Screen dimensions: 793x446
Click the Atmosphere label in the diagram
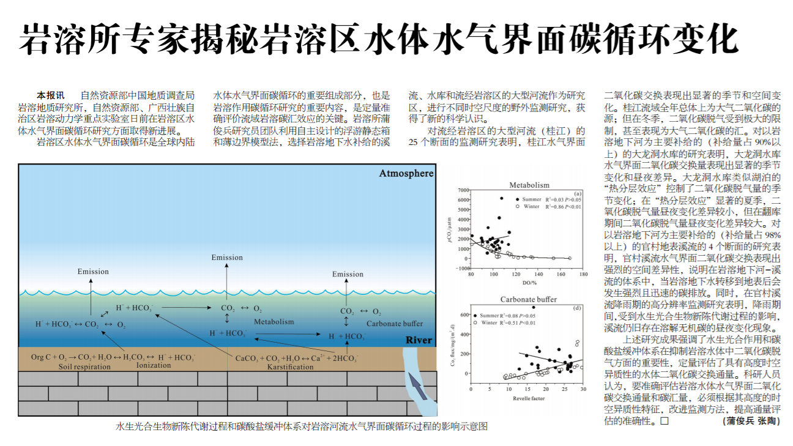pos(406,174)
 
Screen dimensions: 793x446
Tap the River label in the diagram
pos(419,340)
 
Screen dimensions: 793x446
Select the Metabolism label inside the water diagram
pos(274,322)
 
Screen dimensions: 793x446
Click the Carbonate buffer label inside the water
pos(395,324)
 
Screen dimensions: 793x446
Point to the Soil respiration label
pos(84,366)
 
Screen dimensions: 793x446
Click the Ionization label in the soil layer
pos(154,365)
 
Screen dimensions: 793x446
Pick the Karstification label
pos(290,366)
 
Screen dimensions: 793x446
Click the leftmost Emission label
pos(93,272)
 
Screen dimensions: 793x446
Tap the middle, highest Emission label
pos(227,258)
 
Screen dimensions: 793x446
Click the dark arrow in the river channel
pos(417,386)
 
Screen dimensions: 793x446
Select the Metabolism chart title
pos(529,185)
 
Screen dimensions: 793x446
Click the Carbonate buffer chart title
pos(529,299)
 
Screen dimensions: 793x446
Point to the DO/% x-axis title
pos(529,283)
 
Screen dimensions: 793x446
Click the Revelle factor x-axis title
pos(529,398)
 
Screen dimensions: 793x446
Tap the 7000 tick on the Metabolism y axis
pos(463,190)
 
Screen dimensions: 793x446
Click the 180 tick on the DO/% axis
pos(583,274)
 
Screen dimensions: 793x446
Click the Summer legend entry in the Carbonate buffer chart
pos(486,316)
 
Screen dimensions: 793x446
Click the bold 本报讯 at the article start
pos(51,95)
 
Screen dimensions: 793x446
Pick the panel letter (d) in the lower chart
pos(577,308)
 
